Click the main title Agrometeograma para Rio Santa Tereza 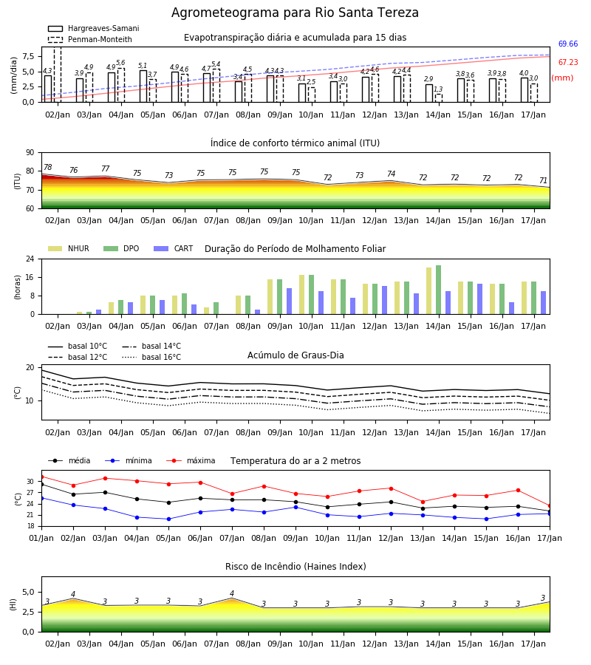tap(295, 13)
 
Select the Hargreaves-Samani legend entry tap(93, 28)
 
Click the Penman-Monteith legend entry tap(90, 39)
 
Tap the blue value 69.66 tap(568, 44)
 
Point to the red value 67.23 tap(568, 62)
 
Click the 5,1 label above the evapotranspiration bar tap(143, 66)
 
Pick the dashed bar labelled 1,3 tap(438, 98)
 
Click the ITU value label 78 tap(48, 168)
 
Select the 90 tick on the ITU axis tap(30, 153)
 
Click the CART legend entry tap(174, 248)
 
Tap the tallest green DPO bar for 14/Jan tap(438, 290)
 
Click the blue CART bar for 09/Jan tap(289, 301)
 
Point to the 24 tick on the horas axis tap(30, 259)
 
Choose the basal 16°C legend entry tap(151, 357)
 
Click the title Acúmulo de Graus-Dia tap(295, 355)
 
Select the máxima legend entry tap(191, 460)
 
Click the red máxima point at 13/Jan tap(423, 502)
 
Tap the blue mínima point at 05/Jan tap(168, 519)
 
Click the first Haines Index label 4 tap(73, 594)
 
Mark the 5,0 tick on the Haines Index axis tap(29, 592)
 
